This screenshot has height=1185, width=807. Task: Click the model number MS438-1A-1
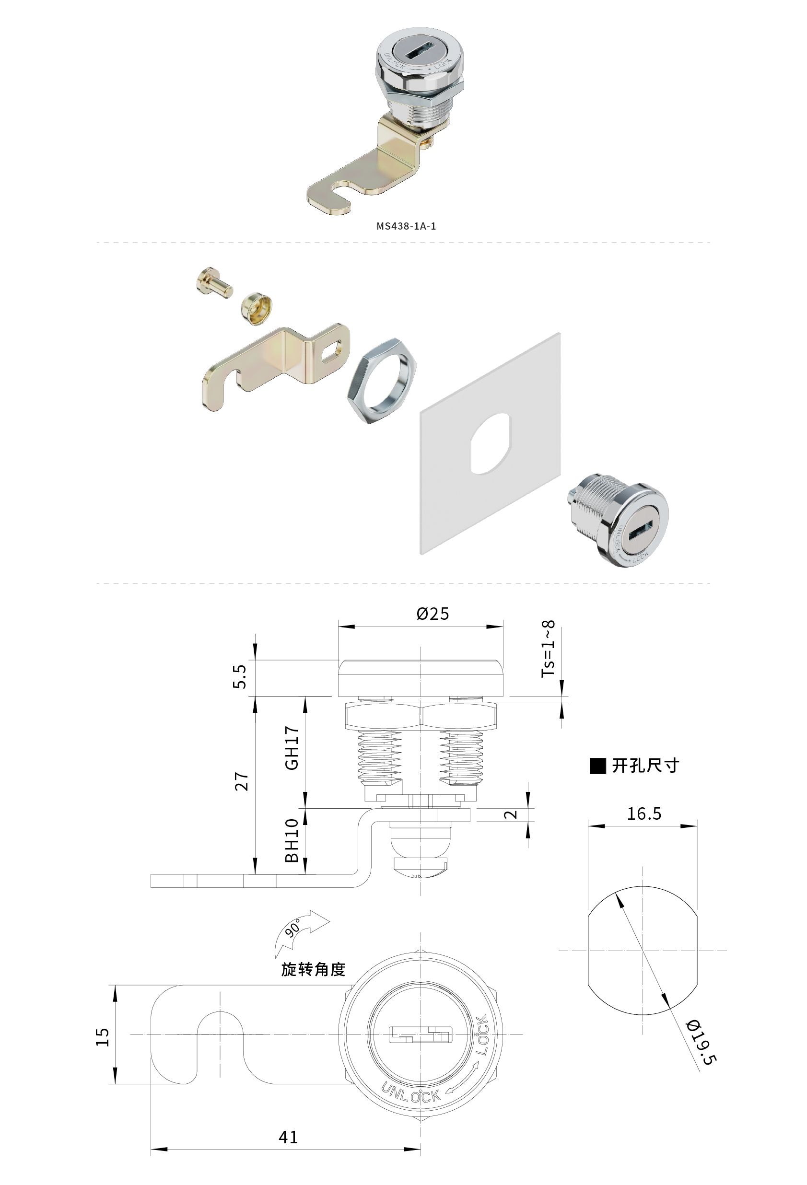[x=406, y=226]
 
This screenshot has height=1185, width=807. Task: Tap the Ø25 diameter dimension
[x=433, y=614]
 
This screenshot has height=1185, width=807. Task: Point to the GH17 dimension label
[x=292, y=748]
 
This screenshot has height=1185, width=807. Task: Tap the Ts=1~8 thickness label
[x=548, y=649]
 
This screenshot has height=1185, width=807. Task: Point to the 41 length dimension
[x=288, y=1137]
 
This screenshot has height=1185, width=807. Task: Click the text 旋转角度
[x=314, y=969]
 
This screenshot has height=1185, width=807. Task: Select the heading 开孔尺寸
[x=645, y=766]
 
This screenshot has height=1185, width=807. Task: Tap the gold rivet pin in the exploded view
[x=214, y=282]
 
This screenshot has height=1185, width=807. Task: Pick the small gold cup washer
[x=257, y=308]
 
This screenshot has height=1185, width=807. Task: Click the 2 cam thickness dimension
[x=511, y=814]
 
